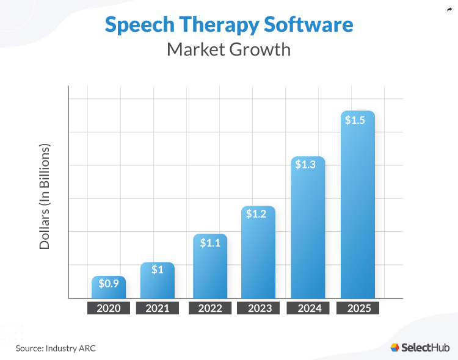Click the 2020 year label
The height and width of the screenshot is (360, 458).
[x=109, y=308]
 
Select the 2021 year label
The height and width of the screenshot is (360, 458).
[x=157, y=308]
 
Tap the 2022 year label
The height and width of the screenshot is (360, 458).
[x=210, y=308]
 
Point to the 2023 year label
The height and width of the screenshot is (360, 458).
[x=258, y=308]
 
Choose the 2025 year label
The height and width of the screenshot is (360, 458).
[x=358, y=308]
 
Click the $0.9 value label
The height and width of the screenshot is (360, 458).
[x=109, y=284]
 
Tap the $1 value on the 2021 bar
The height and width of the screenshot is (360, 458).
[x=157, y=270]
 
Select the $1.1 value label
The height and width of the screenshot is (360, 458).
[x=210, y=242]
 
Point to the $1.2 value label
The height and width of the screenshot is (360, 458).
[x=258, y=214]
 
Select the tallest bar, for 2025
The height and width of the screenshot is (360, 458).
[x=358, y=214]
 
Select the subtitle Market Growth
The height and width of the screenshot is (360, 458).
[x=228, y=49]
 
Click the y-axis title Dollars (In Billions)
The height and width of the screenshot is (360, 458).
[x=45, y=197]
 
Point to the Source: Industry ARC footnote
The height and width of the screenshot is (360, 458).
[x=56, y=348]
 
